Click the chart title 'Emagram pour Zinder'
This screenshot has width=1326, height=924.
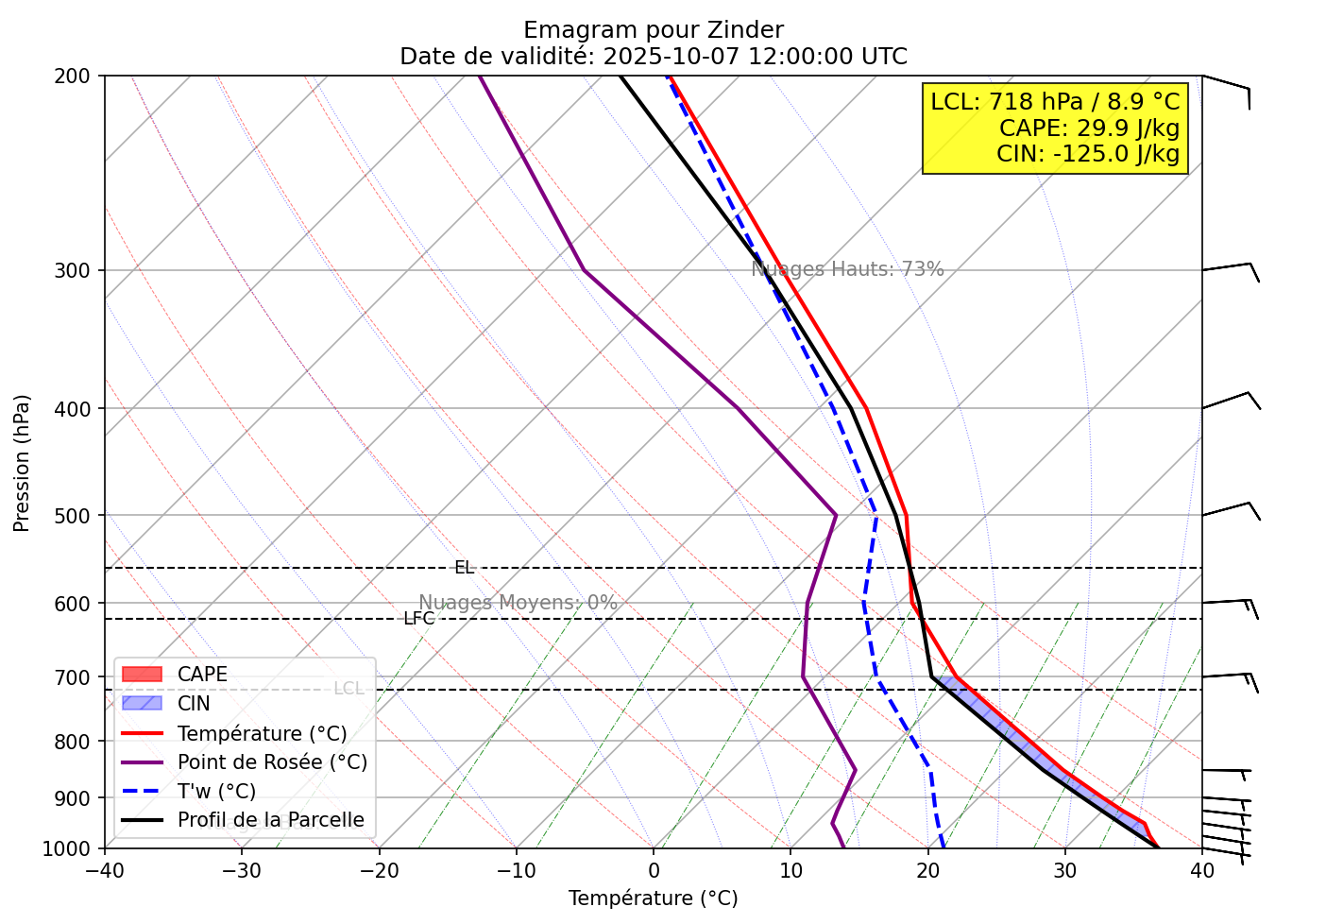pyautogui.click(x=653, y=30)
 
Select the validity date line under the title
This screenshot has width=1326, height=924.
pyautogui.click(x=653, y=57)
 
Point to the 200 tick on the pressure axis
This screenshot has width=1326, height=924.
pyautogui.click(x=73, y=77)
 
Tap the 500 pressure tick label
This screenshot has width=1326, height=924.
pyautogui.click(x=73, y=516)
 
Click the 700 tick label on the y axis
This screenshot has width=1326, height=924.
pyautogui.click(x=73, y=678)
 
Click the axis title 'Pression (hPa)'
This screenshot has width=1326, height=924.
pyautogui.click(x=22, y=463)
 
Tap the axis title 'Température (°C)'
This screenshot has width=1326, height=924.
pyautogui.click(x=653, y=898)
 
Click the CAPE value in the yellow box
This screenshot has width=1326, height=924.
pyautogui.click(x=1089, y=128)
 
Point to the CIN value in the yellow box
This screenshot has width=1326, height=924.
pyautogui.click(x=1088, y=153)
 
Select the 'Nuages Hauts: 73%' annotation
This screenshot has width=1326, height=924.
pyautogui.click(x=847, y=269)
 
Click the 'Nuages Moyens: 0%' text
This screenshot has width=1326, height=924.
pyautogui.click(x=518, y=603)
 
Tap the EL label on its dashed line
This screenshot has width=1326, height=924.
pyautogui.click(x=464, y=568)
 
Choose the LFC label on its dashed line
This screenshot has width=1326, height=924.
pyautogui.click(x=419, y=619)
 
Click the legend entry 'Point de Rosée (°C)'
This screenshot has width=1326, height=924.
pyautogui.click(x=272, y=761)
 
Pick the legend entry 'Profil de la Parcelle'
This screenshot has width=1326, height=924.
pyautogui.click(x=270, y=820)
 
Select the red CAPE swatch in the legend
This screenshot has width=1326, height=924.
pyautogui.click(x=143, y=675)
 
